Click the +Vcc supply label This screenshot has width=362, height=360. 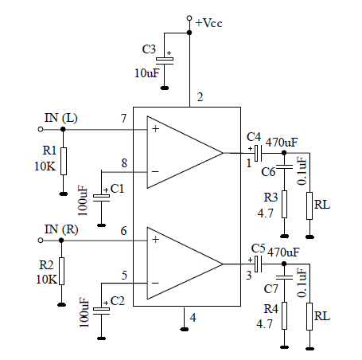point(208,23)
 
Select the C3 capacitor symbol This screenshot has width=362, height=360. point(165,61)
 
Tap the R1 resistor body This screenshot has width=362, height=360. point(64,161)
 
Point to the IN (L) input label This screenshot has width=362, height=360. point(61,118)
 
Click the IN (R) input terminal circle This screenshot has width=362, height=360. point(41,241)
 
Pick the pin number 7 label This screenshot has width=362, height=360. point(123,119)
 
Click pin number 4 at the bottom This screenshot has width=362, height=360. point(193,318)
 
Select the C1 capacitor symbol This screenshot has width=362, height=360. point(101,198)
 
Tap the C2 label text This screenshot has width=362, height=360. point(117,301)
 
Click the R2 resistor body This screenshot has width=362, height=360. point(61,271)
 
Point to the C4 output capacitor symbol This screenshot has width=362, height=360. point(258,153)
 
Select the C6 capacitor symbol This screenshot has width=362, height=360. point(284,166)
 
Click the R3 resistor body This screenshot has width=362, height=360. point(284,204)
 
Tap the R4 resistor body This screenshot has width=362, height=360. point(284,315)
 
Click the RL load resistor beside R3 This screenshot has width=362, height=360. point(309,205)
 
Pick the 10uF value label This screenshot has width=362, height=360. point(147,73)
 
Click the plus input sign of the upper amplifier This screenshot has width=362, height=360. point(155,129)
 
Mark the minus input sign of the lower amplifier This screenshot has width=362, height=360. point(155,284)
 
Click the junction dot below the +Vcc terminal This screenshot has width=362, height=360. point(189,33)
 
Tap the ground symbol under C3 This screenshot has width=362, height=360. point(165,88)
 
